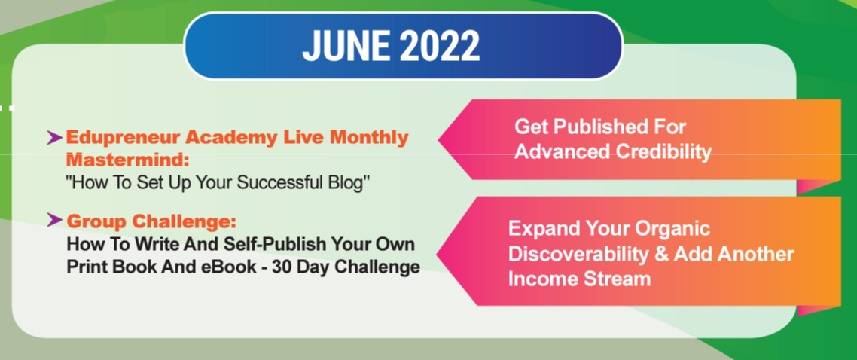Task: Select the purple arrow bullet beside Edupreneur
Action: (x=54, y=139)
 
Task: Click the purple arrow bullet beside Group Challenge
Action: (x=54, y=220)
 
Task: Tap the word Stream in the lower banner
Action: (x=617, y=279)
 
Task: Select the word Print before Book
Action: (x=84, y=267)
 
